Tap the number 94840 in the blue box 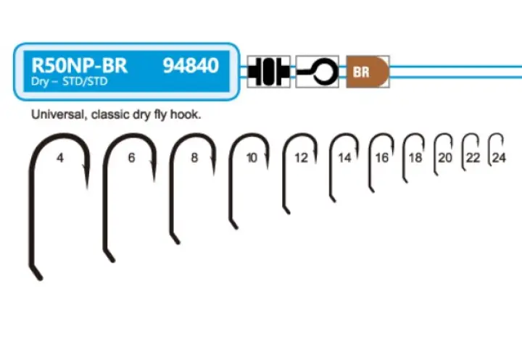pos(191,67)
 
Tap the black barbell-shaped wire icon pos(268,72)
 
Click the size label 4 pos(59,157)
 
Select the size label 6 pos(131,157)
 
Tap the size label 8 pos(194,157)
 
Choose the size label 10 pos(252,157)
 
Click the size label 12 pos(301,157)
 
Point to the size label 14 pos(344,157)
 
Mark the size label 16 pos(382,157)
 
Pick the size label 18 pos(415,157)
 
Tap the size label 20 pos(445,157)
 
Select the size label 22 pos(473,157)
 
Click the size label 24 pos(498,157)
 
